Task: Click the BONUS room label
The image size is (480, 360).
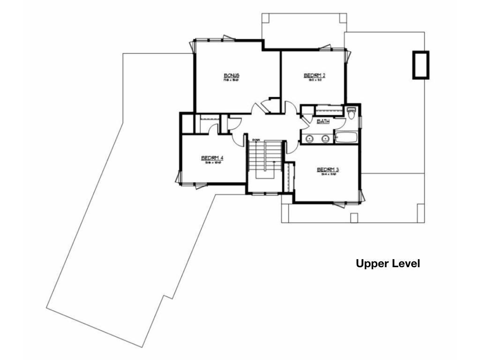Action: click(232, 75)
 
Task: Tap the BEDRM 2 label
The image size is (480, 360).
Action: click(315, 75)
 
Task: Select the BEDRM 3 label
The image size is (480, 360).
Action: click(328, 170)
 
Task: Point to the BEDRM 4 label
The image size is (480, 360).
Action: click(212, 158)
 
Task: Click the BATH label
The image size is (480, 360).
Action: click(323, 121)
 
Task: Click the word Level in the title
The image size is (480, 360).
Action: click(405, 264)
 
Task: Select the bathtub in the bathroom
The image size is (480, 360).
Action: click(345, 137)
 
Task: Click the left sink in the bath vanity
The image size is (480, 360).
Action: click(310, 138)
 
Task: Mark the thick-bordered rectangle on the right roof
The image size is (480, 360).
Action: click(420, 65)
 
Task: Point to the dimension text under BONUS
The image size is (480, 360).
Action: click(232, 80)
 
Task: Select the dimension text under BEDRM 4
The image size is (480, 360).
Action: click(212, 163)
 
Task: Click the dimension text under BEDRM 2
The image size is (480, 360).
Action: click(315, 80)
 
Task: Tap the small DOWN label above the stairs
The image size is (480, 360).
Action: click(256, 140)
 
